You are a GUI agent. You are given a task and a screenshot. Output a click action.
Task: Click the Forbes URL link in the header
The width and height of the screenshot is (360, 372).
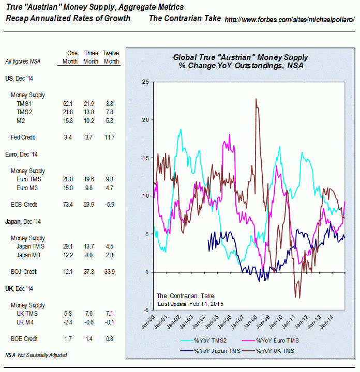click(290, 19)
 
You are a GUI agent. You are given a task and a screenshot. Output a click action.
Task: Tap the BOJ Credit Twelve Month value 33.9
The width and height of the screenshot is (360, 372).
click(109, 271)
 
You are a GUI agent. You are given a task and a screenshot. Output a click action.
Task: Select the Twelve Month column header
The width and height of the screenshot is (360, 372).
click(111, 57)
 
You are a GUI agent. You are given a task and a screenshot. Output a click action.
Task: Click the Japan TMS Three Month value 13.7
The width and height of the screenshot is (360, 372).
click(91, 246)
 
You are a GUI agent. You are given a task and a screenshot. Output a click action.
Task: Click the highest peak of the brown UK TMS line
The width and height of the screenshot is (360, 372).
click(256, 99)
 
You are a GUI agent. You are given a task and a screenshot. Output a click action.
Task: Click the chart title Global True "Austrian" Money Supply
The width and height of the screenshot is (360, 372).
click(241, 57)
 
